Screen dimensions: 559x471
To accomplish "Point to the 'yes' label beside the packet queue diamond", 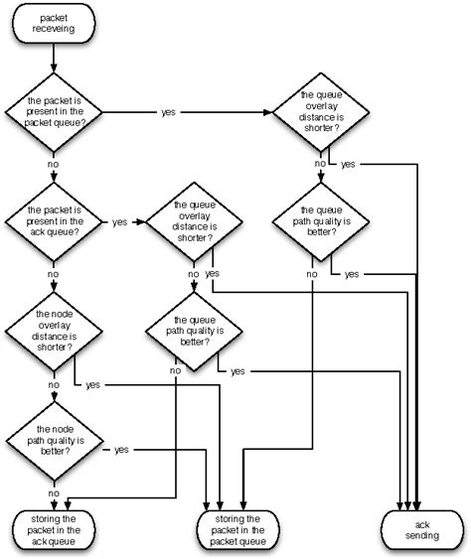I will pyautogui.click(x=168, y=112).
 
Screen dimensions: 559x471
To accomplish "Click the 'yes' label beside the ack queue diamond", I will pyautogui.click(x=119, y=221).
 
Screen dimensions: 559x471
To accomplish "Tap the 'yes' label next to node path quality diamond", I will pyautogui.click(x=121, y=450).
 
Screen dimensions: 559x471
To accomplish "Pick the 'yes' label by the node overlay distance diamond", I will pyautogui.click(x=92, y=383).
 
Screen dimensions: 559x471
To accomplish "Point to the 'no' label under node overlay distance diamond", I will pyautogui.click(x=53, y=384).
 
